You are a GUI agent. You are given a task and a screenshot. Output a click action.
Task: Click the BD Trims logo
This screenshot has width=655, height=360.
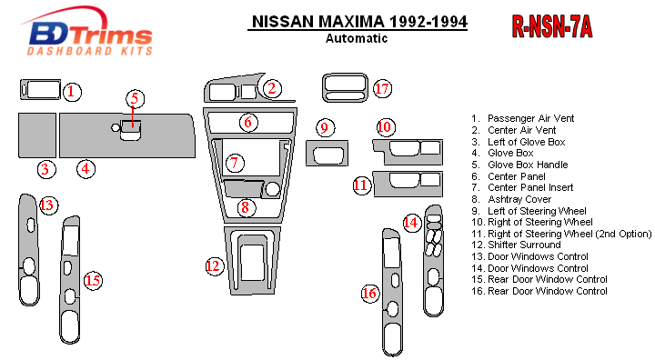[87, 32]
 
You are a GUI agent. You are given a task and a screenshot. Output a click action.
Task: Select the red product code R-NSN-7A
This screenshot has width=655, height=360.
[552, 26]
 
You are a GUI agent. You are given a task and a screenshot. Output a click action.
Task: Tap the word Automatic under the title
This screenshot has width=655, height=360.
[357, 38]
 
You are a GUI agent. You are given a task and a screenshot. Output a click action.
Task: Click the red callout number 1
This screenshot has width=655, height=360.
[72, 92]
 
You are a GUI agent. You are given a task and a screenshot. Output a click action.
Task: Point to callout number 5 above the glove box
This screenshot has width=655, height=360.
[135, 98]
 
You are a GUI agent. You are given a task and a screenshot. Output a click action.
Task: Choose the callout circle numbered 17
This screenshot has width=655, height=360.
[382, 88]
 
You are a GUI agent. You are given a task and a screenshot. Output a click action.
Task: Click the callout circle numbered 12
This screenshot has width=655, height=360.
[214, 266]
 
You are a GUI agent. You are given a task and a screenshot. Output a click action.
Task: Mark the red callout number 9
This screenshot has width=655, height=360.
[325, 128]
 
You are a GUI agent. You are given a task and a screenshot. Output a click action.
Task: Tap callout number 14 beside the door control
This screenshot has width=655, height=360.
[411, 222]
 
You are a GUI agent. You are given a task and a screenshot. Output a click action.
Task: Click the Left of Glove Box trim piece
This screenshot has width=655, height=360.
[37, 135]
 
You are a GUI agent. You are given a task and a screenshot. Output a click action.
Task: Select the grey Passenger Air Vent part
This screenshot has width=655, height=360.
[41, 90]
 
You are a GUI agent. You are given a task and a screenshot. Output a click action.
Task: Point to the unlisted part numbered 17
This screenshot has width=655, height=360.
[345, 88]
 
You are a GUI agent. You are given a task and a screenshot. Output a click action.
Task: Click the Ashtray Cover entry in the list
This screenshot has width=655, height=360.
[511, 199]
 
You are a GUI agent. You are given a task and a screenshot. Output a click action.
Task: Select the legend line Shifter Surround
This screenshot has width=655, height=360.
[516, 245]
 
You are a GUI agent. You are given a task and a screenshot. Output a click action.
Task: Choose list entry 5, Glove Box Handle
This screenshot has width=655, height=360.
[519, 165]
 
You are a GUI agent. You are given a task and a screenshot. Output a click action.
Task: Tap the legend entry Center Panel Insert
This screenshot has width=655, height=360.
[522, 187]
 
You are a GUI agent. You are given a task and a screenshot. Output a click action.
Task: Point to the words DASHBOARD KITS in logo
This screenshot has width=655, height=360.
[90, 51]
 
